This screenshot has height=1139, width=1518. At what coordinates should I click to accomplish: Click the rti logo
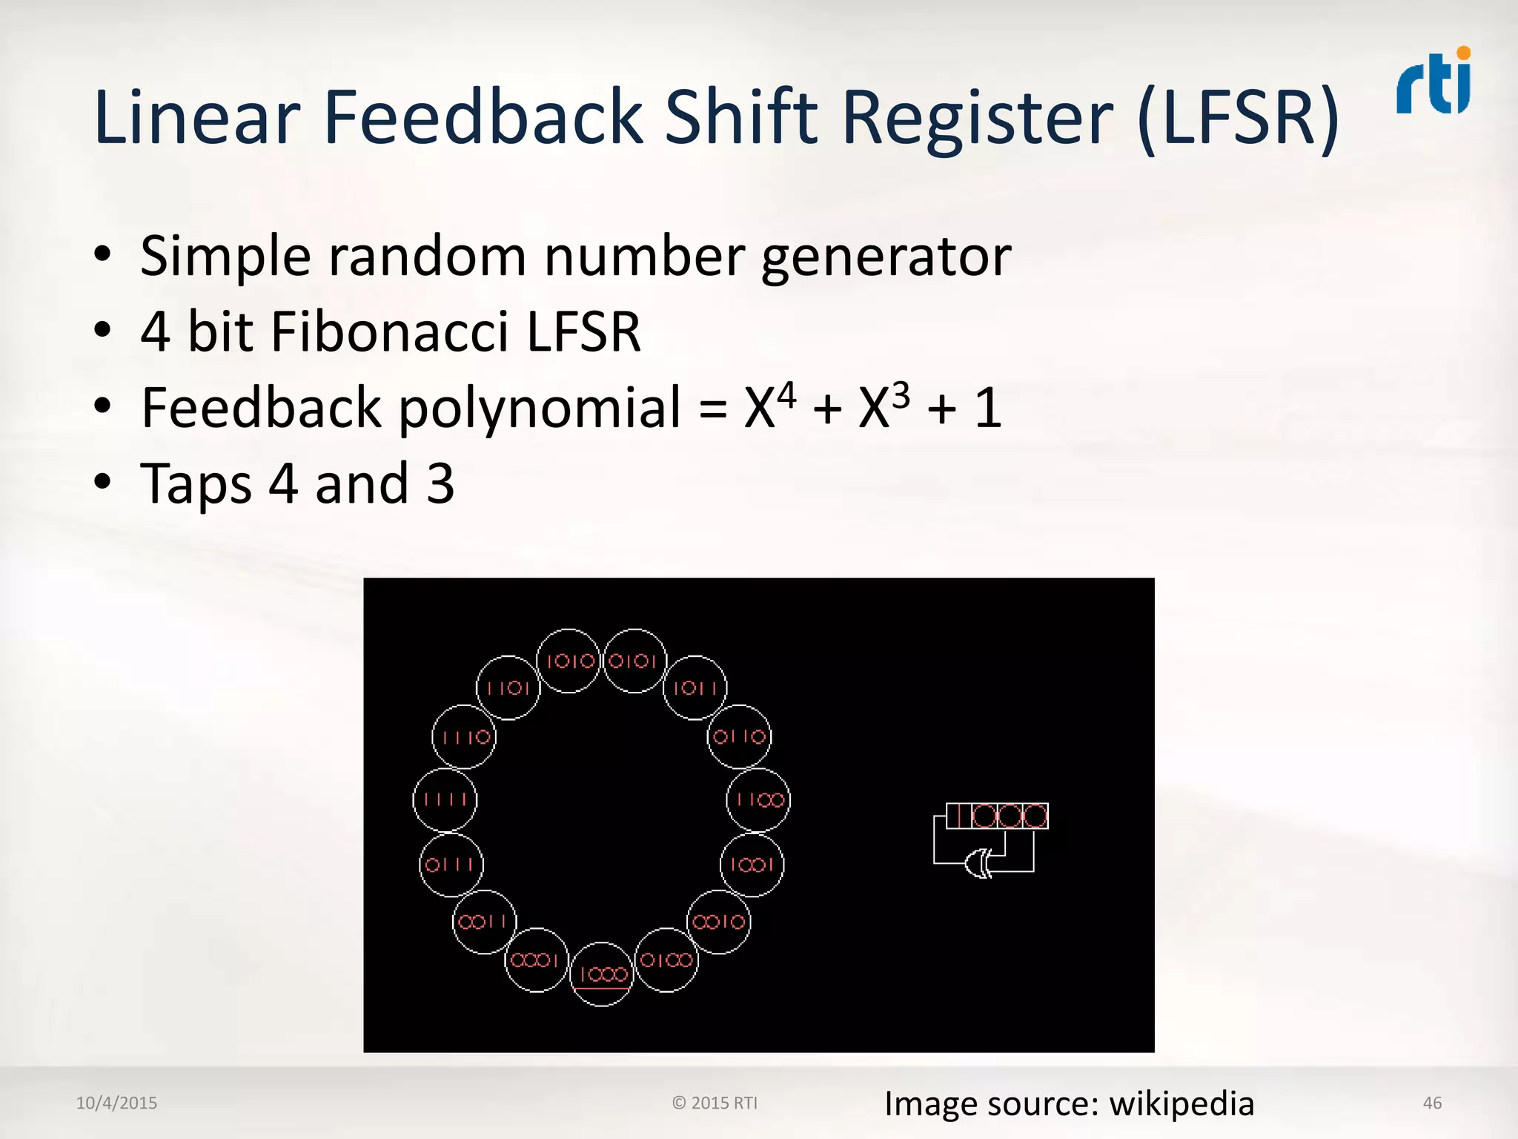pyautogui.click(x=1434, y=83)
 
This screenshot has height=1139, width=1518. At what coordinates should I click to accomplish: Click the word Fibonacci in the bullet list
pyautogui.click(x=390, y=331)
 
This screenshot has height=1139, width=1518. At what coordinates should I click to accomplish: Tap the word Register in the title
pyautogui.click(x=978, y=117)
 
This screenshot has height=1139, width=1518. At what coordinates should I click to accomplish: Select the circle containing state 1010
pyautogui.click(x=569, y=661)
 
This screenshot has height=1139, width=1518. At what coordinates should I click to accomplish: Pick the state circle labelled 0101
pyautogui.click(x=634, y=661)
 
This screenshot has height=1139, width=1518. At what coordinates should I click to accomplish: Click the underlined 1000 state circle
pyautogui.click(x=602, y=974)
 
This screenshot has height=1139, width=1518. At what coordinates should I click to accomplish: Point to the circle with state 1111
pyautogui.click(x=445, y=799)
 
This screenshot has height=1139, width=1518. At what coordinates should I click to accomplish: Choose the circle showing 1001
pyautogui.click(x=752, y=865)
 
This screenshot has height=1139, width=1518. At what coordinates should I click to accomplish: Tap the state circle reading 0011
pyautogui.click(x=484, y=922)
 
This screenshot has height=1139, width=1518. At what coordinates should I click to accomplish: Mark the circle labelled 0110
pyautogui.click(x=739, y=736)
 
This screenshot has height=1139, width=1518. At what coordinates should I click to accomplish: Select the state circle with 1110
pyautogui.click(x=465, y=736)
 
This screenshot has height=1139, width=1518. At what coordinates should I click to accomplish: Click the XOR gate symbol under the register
pyautogui.click(x=979, y=862)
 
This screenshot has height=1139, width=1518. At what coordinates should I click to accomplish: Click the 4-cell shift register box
pyautogui.click(x=997, y=816)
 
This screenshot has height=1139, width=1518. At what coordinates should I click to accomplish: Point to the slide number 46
pyautogui.click(x=1432, y=1103)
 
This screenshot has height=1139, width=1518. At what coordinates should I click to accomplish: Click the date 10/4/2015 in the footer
pyautogui.click(x=116, y=1103)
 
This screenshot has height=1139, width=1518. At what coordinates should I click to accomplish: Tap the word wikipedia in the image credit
pyautogui.click(x=1181, y=1103)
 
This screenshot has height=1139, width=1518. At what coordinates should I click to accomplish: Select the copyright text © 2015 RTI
pyautogui.click(x=715, y=1103)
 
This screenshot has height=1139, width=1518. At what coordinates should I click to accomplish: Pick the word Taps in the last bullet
pyautogui.click(x=196, y=483)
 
